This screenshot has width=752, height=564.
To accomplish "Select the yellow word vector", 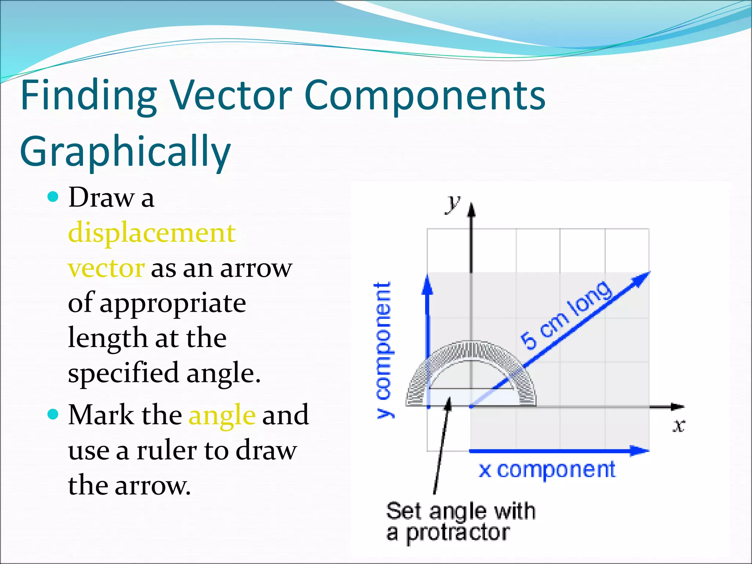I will pyautogui.click(x=106, y=268).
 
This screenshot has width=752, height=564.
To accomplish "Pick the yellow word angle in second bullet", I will pyautogui.click(x=222, y=415).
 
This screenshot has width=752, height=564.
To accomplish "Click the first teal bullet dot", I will pyautogui.click(x=53, y=197).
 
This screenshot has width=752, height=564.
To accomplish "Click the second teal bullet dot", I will pyautogui.click(x=53, y=415).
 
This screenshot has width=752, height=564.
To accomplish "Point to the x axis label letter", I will pyautogui.click(x=679, y=426).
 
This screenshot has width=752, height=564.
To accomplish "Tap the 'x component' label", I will pyautogui.click(x=547, y=470).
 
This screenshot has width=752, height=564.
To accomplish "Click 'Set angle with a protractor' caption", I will pyautogui.click(x=460, y=521).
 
